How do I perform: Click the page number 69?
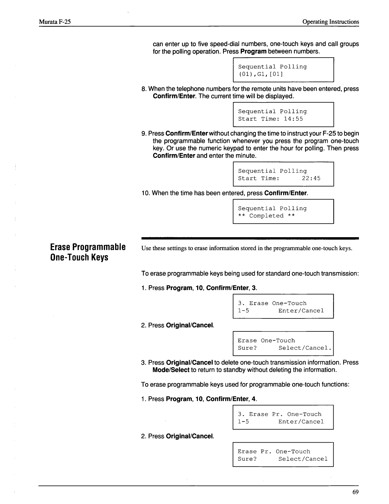[x=355, y=493]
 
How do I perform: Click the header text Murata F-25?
[x=55, y=22]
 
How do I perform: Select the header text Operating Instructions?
[x=331, y=22]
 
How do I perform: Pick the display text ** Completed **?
[x=266, y=216]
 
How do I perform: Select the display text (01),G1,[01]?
[x=260, y=74]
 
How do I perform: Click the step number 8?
[x=143, y=89]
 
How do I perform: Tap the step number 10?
[x=146, y=193]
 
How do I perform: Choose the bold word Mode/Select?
[x=171, y=370]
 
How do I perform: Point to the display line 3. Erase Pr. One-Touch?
[x=279, y=414]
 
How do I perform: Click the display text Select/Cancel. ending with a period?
[x=305, y=348]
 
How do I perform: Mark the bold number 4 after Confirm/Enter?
[x=254, y=399]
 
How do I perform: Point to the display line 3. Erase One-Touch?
[x=272, y=303]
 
